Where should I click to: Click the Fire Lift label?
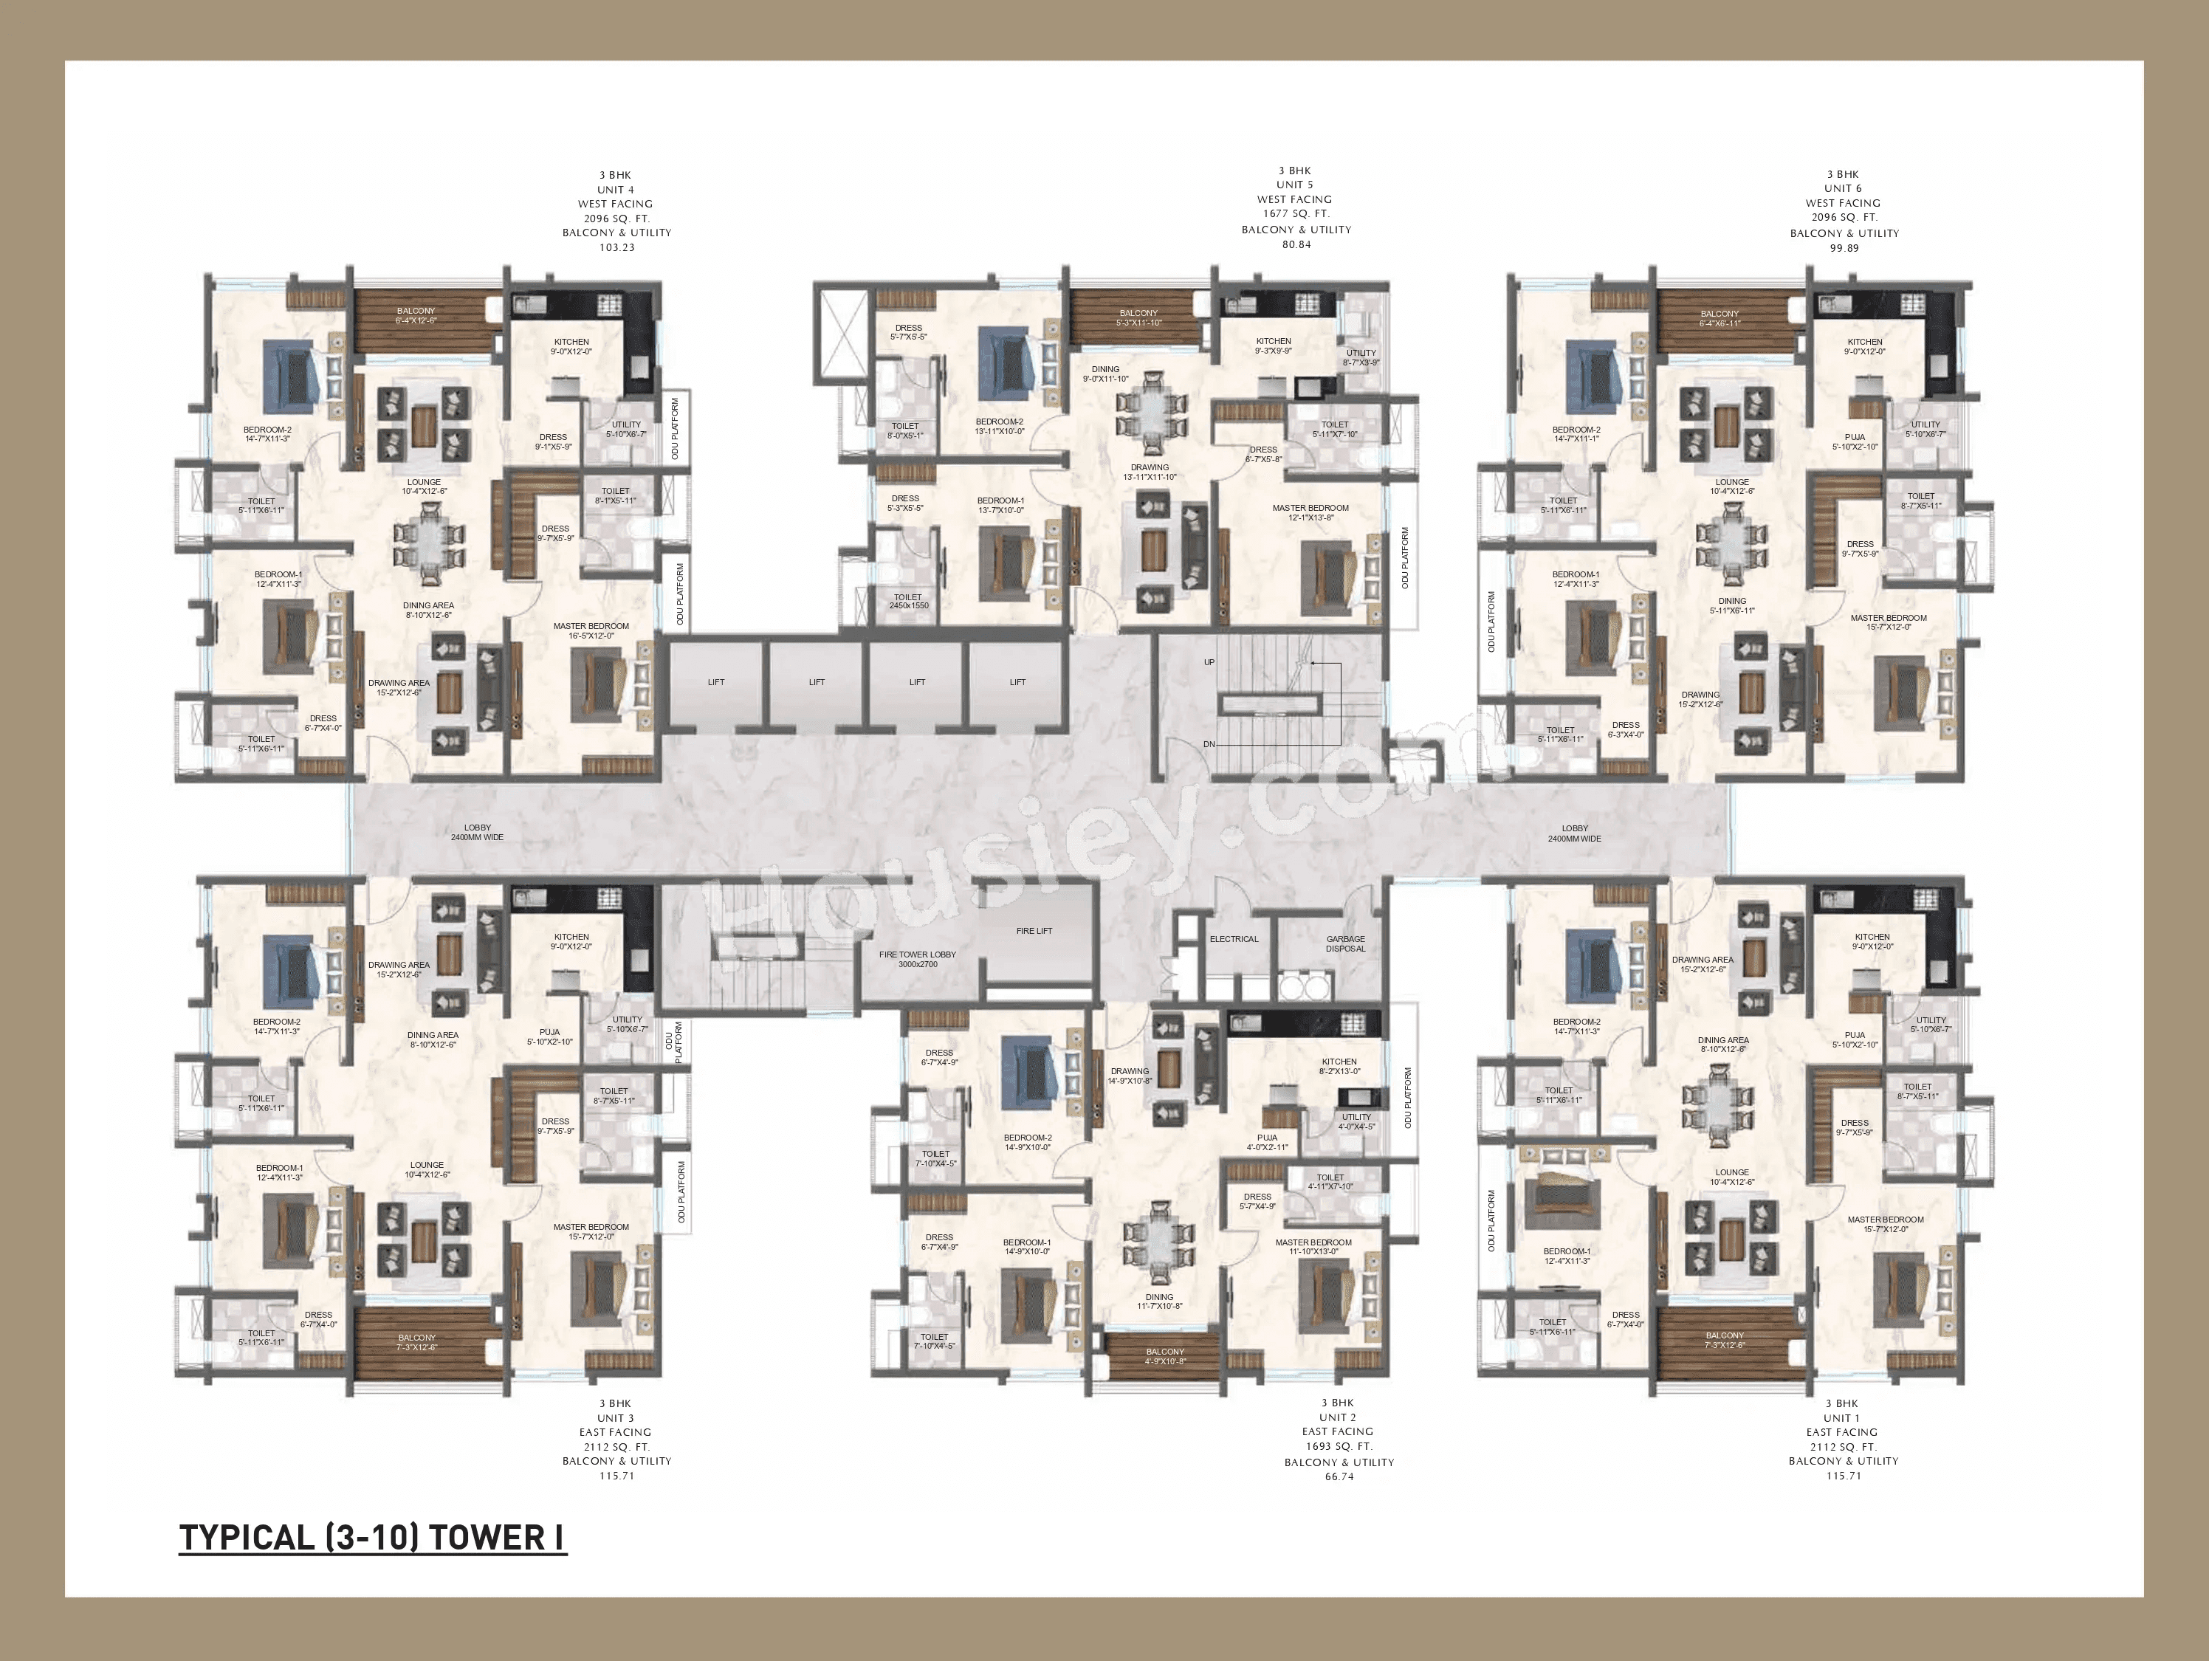coord(1034,931)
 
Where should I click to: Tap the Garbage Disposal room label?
coord(1345,944)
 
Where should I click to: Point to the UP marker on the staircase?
coord(1209,662)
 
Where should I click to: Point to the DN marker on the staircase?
coord(1209,745)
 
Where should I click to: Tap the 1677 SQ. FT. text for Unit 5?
coord(1294,214)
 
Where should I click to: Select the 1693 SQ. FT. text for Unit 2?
coord(1339,1446)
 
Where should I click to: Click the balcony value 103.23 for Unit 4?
coord(616,247)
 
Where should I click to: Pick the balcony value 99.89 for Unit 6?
coord(1844,248)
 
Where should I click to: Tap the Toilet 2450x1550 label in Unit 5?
coord(908,601)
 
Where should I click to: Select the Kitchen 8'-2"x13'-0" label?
coord(1339,1067)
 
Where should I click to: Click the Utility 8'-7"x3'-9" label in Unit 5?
coord(1361,357)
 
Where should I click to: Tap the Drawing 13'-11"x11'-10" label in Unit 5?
coord(1150,472)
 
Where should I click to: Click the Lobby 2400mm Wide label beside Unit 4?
coord(476,833)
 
